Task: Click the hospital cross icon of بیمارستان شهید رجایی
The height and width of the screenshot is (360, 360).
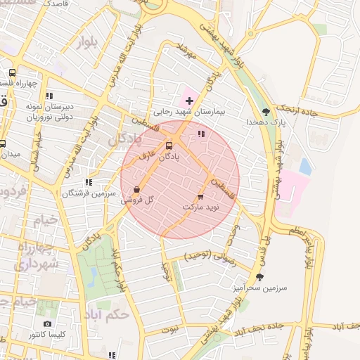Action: [189, 101]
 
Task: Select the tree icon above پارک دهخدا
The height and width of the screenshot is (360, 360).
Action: [266, 112]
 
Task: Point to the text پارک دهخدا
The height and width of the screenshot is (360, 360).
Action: [264, 122]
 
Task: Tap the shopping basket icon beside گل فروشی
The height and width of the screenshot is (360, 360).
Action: [136, 189]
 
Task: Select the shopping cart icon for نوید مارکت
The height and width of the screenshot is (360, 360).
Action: [201, 196]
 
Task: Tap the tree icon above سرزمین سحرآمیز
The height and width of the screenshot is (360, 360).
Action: [260, 277]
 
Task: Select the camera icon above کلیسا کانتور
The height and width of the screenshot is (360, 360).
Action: [47, 324]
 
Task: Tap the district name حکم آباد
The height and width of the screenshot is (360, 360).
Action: [107, 314]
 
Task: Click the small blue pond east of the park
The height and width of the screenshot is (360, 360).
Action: [305, 167]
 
